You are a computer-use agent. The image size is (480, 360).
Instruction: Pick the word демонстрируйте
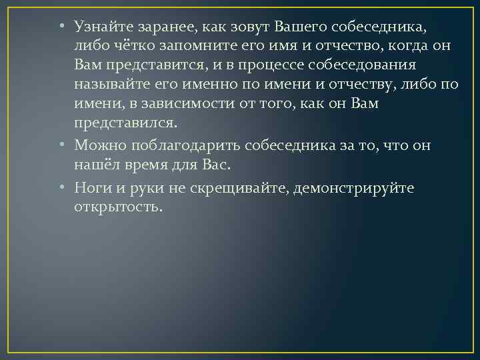pyautogui.click(x=361, y=188)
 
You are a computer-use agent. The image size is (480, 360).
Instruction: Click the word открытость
pyautogui.click(x=118, y=207)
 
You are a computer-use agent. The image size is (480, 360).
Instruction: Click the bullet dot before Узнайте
pyautogui.click(x=61, y=27)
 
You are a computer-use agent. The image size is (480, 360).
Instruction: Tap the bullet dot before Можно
pyautogui.click(x=61, y=146)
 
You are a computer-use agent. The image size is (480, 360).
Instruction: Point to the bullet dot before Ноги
pyautogui.click(x=61, y=189)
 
